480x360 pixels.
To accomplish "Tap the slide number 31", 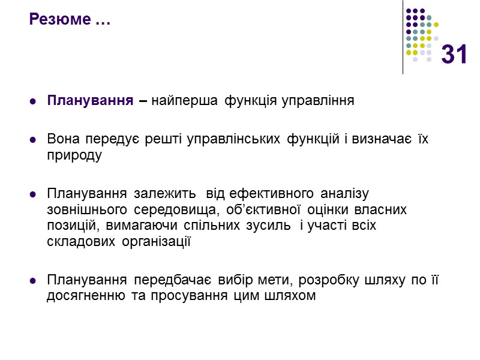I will point(454,55).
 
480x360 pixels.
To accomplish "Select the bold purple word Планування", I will point(89,101).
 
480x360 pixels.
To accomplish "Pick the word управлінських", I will point(232,140).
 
